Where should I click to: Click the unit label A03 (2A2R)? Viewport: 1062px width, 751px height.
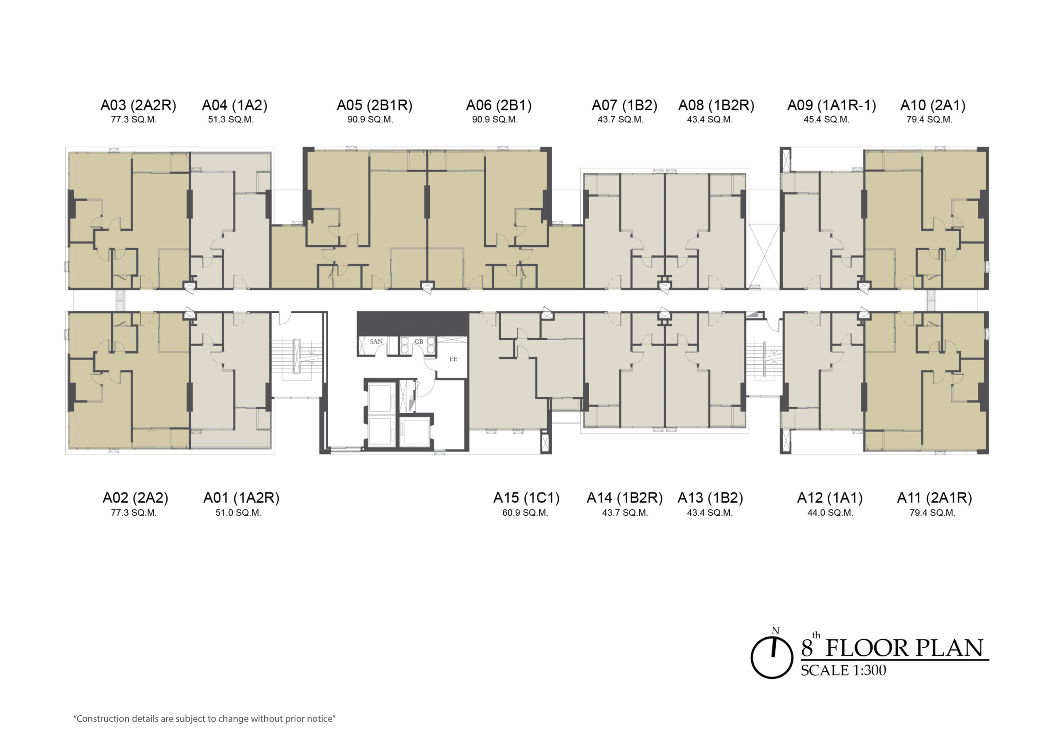[x=138, y=105]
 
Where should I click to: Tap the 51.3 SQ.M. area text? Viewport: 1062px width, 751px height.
[x=231, y=119]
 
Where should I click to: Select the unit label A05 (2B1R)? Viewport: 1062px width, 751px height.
[x=374, y=105]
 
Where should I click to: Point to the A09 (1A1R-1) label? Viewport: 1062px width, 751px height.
[x=832, y=105]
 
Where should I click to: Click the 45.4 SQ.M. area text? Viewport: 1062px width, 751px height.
[x=826, y=119]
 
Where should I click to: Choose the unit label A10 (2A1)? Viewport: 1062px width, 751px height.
[x=933, y=105]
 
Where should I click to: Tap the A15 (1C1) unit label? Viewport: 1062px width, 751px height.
[x=526, y=498]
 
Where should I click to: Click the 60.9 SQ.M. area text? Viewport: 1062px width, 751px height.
[x=525, y=513]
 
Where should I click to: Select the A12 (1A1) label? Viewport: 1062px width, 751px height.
[x=830, y=498]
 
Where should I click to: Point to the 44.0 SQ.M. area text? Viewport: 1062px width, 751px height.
[x=830, y=513]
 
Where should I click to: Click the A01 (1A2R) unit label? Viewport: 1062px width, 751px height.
[x=241, y=498]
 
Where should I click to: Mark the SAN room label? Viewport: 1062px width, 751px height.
[x=376, y=341]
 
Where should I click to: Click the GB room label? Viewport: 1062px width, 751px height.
[x=419, y=341]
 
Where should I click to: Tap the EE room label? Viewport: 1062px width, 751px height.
[x=453, y=358]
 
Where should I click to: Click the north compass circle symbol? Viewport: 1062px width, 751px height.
[x=772, y=658]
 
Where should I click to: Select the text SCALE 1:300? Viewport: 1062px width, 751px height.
[x=843, y=671]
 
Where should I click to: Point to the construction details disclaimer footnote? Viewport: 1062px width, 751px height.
[x=205, y=719]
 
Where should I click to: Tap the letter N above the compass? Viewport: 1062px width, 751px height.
[x=776, y=631]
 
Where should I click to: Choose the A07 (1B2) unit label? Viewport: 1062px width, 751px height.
[x=624, y=105]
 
